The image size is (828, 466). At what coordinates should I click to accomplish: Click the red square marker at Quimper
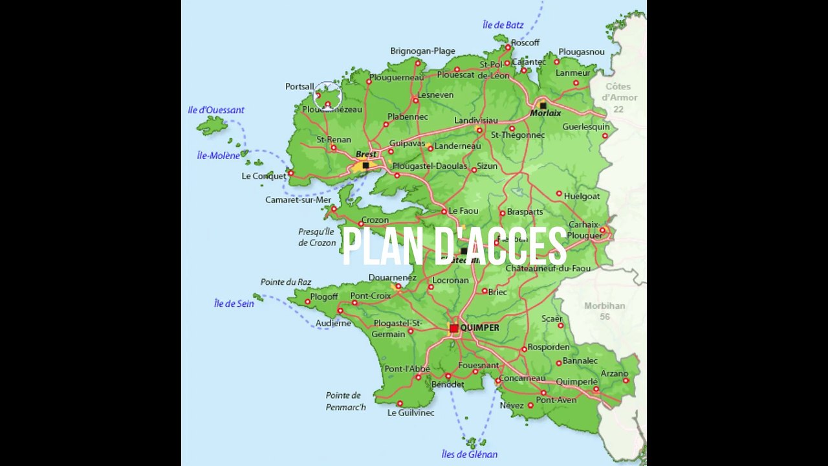(454, 328)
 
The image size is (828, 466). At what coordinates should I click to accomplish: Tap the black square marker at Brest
(365, 166)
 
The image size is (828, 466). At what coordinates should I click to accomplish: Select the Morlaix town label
(545, 113)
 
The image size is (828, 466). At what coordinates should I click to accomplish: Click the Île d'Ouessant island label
(216, 110)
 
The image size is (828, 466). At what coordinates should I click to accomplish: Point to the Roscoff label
(525, 43)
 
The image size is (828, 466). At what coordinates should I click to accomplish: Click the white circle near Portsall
(327, 96)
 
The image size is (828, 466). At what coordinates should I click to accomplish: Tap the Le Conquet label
(263, 176)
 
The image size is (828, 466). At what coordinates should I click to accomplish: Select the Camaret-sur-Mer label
(298, 200)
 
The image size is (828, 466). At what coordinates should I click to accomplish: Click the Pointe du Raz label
(285, 282)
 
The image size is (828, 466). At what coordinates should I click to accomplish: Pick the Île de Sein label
(234, 304)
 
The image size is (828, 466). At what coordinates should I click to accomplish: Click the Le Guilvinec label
(411, 413)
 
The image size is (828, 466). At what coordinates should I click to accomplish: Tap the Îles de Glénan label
(469, 454)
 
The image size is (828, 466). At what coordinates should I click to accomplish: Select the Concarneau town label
(521, 378)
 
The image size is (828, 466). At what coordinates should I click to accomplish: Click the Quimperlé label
(576, 382)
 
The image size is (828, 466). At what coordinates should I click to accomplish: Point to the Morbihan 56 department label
(604, 311)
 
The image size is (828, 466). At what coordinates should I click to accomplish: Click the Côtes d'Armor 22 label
(620, 97)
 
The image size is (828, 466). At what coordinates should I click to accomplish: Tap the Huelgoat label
(582, 196)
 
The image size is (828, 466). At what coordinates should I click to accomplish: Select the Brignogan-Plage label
(422, 51)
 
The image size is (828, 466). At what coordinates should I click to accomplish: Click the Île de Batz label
(503, 25)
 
